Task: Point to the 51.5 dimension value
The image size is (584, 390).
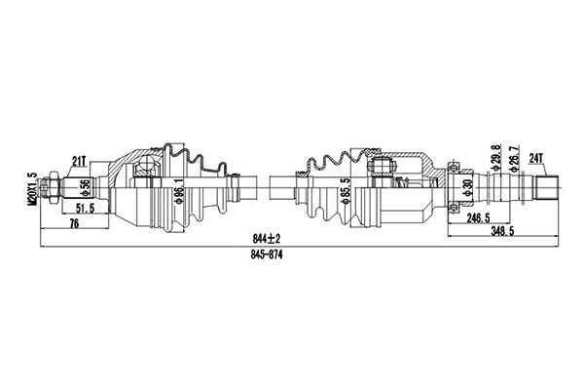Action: tap(87, 209)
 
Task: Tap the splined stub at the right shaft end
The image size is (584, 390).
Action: tap(548, 186)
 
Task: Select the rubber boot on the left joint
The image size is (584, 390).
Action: tap(204, 185)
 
